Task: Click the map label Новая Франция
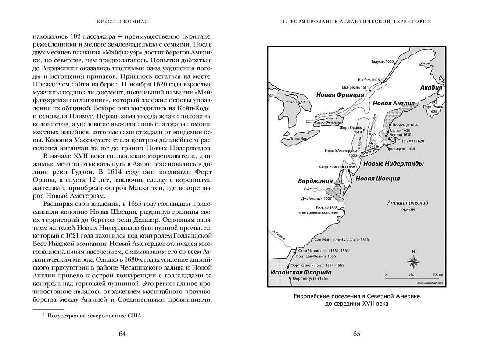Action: (340, 94)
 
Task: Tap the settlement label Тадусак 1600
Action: (383, 62)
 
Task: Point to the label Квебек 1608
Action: (369, 80)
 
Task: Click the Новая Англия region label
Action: (394, 104)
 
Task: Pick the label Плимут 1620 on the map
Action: (413, 141)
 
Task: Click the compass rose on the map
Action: (413, 261)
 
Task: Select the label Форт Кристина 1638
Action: (337, 167)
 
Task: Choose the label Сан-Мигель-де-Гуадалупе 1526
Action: (342, 240)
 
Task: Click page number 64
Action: (122, 334)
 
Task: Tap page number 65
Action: (357, 334)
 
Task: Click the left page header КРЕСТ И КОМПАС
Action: (123, 21)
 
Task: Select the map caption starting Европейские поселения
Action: (357, 300)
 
